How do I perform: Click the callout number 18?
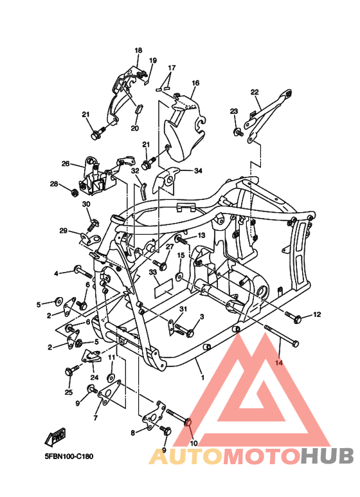click(138, 50)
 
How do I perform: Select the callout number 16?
click(195, 83)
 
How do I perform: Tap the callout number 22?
click(255, 92)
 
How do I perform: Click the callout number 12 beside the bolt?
click(317, 314)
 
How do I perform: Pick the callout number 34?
click(198, 171)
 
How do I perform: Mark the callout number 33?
click(153, 273)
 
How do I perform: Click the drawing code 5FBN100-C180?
click(69, 457)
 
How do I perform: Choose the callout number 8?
click(133, 433)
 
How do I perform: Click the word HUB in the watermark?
click(327, 456)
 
